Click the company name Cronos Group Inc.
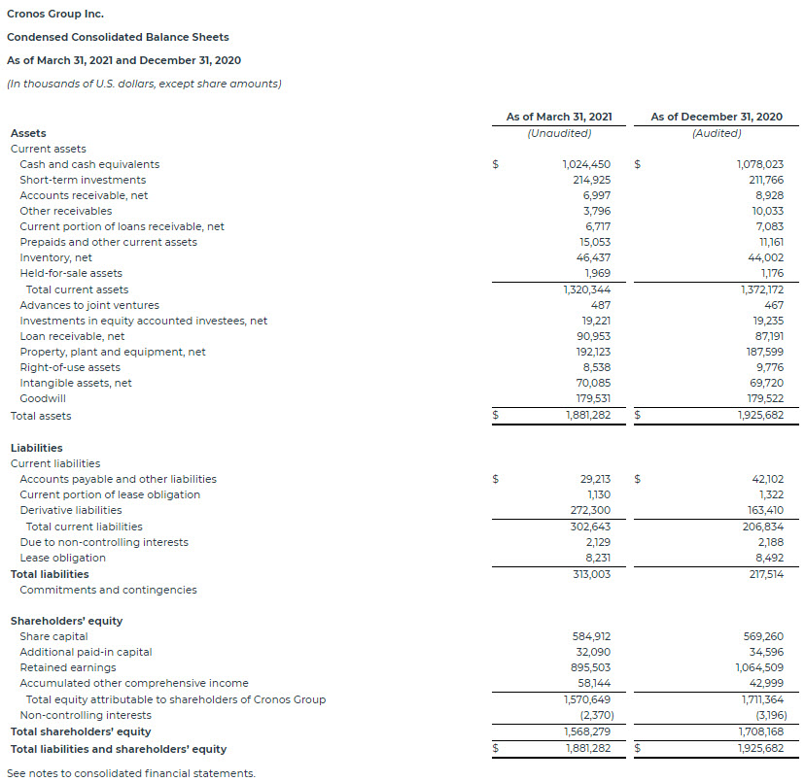pos(54,14)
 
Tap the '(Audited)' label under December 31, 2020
pos(716,133)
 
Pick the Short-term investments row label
pos(83,180)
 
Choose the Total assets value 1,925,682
pos(759,416)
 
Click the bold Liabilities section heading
pos(36,448)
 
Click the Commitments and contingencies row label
pos(108,590)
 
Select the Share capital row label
pos(53,636)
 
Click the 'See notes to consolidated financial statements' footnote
pos(130,773)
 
